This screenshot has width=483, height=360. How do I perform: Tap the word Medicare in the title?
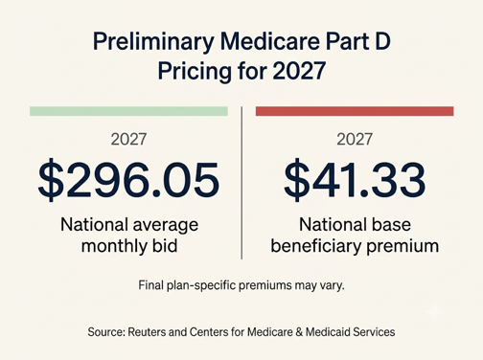click(x=270, y=41)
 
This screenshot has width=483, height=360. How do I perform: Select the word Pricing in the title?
click(x=195, y=72)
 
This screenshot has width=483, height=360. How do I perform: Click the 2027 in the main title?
click(x=299, y=71)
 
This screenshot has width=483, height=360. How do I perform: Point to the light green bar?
click(x=128, y=111)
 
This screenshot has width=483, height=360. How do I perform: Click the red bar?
click(x=355, y=111)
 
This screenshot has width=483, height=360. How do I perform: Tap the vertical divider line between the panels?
click(x=241, y=183)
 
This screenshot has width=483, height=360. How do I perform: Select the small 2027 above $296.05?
click(x=128, y=139)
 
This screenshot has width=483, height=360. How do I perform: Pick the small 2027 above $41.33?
click(x=355, y=139)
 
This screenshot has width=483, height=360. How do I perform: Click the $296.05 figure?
click(x=128, y=180)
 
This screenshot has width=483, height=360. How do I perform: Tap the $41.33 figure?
click(x=355, y=180)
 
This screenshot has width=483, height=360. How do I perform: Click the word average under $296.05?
click(x=166, y=226)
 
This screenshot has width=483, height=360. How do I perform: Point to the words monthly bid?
click(x=129, y=246)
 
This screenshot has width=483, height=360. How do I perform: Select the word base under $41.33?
click(x=390, y=224)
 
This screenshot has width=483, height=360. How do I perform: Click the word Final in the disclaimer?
click(x=151, y=285)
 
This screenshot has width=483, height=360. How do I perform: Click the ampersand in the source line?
click(x=299, y=332)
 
